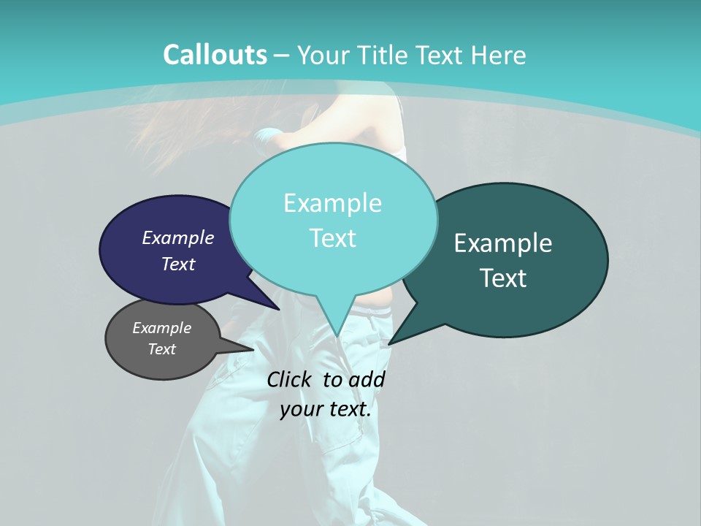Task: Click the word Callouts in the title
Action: tap(215, 55)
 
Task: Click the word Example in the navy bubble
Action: tap(178, 237)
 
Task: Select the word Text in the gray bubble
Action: tap(162, 349)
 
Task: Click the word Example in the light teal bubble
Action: tap(332, 203)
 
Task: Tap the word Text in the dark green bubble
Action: tap(503, 278)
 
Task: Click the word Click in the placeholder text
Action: tap(290, 379)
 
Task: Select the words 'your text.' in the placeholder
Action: tap(325, 409)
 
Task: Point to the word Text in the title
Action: tap(441, 55)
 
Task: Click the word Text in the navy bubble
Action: tap(178, 264)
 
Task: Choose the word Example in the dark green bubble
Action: tap(503, 243)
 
